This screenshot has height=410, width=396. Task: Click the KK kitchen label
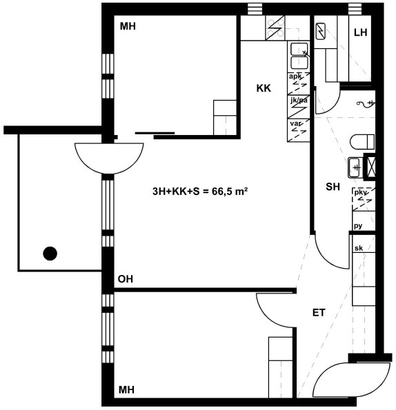tap(264, 88)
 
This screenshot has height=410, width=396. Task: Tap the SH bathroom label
tap(333, 187)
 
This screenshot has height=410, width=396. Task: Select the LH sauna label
tap(360, 32)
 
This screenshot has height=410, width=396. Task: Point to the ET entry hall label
tap(319, 312)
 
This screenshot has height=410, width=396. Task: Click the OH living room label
tap(126, 279)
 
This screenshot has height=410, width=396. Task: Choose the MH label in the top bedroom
tap(128, 26)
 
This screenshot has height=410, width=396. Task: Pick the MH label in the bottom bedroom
tap(126, 389)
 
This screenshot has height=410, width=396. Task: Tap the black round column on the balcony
tap(50, 254)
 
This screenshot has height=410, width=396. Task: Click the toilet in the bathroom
tap(362, 142)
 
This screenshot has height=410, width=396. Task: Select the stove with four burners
tap(275, 28)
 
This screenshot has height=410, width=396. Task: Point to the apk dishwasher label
tap(295, 76)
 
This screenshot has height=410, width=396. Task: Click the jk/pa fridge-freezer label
tap(299, 100)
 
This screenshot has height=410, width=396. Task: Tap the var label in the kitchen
tap(296, 123)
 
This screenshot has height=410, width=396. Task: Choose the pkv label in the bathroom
tap(361, 192)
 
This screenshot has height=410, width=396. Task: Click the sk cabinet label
tap(359, 248)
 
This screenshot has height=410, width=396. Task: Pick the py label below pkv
tap(358, 225)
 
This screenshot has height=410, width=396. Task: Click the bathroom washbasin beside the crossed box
tap(355, 167)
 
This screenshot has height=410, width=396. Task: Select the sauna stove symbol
tap(321, 32)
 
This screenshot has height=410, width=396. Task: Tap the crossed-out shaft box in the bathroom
tap(370, 166)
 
